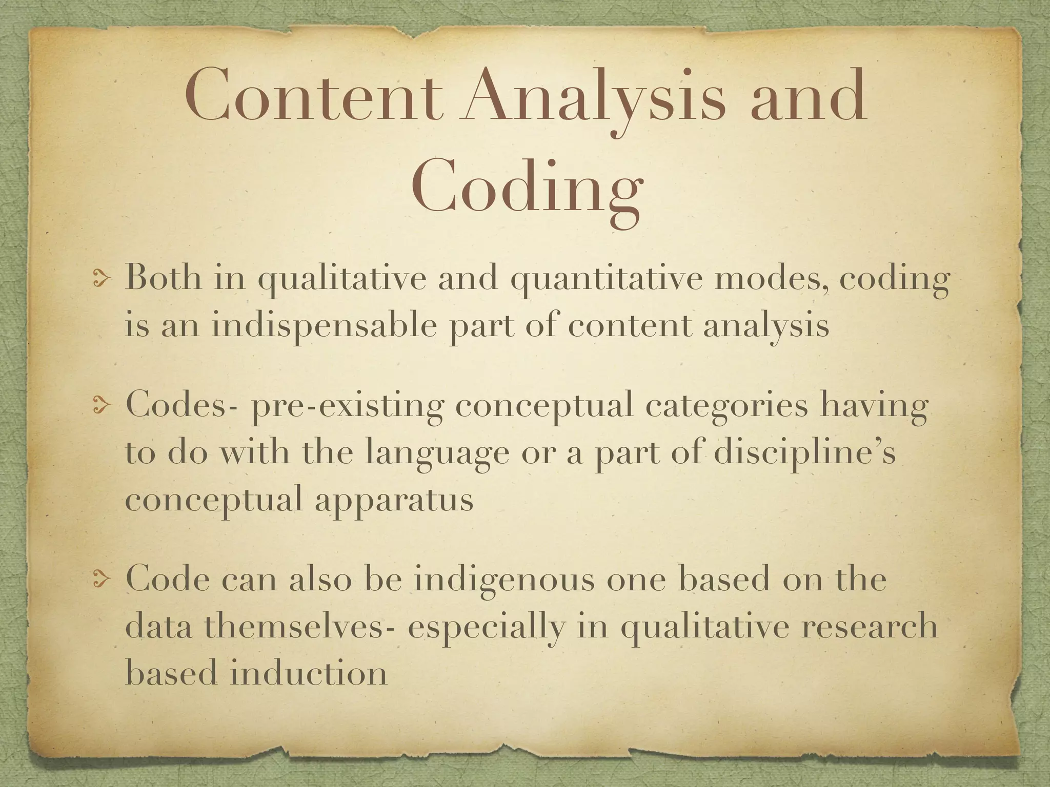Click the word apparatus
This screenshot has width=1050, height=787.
[x=394, y=500]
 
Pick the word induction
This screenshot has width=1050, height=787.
[x=308, y=672]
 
